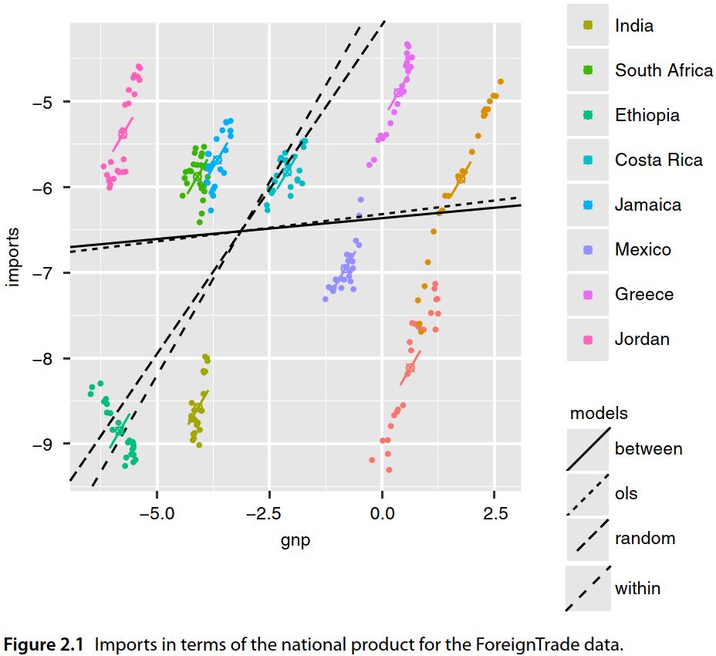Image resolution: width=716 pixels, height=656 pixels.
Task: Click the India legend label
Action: (x=633, y=25)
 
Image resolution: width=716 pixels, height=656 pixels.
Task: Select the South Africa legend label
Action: (x=664, y=70)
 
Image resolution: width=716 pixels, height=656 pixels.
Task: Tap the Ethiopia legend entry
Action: (x=647, y=115)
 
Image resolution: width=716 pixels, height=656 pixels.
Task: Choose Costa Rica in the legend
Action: (x=658, y=160)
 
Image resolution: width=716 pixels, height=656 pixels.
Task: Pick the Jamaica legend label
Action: (x=648, y=205)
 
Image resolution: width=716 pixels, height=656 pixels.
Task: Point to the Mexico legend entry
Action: (x=643, y=249)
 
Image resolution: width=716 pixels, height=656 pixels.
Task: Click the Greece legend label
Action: (x=644, y=294)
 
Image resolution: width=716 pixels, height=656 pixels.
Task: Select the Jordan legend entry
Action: (x=642, y=339)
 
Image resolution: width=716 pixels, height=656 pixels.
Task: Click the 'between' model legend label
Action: (x=648, y=448)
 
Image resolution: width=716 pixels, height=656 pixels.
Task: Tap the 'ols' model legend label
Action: (x=626, y=493)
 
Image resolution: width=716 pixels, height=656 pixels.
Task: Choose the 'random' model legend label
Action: (x=645, y=538)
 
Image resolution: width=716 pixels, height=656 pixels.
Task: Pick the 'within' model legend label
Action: (x=638, y=588)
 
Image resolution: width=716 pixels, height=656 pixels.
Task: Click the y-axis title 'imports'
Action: (x=14, y=256)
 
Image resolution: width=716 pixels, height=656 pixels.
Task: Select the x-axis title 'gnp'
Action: (x=296, y=539)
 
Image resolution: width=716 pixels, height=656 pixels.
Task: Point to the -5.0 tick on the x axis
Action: (x=157, y=513)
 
